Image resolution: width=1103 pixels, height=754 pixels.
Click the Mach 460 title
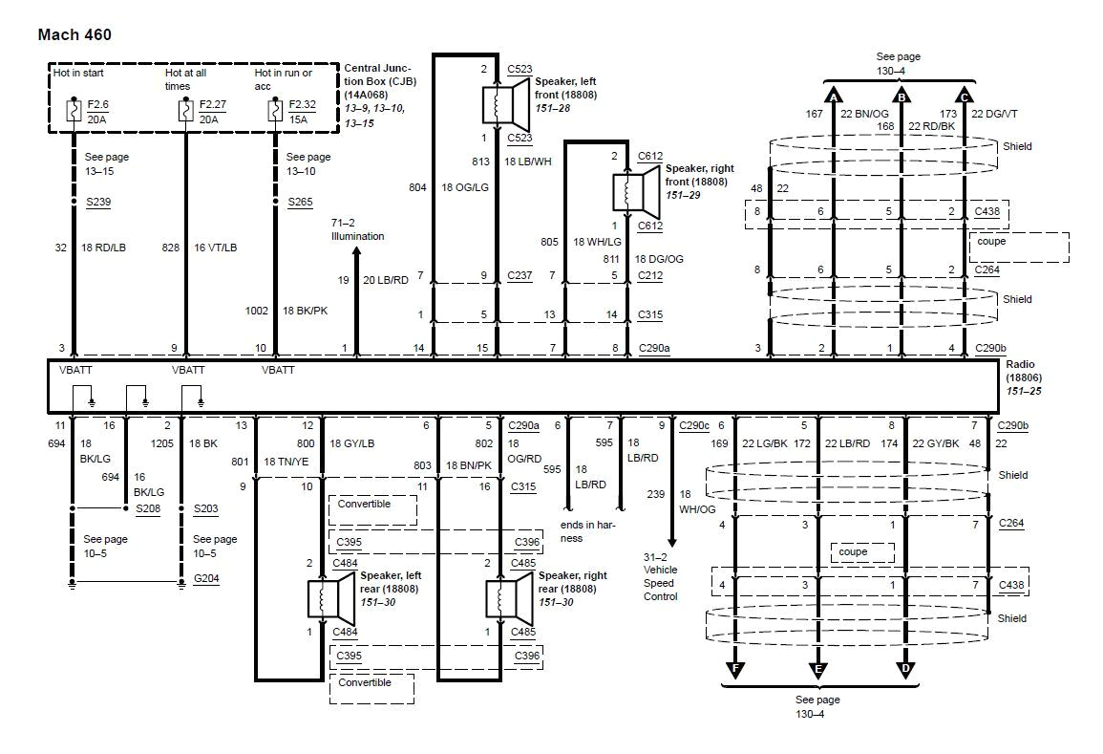(74, 35)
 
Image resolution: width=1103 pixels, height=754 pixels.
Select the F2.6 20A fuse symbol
(73, 111)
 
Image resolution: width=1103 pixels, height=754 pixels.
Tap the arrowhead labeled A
(834, 97)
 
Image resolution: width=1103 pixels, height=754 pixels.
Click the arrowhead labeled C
(965, 97)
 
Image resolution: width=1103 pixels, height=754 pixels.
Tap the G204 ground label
(205, 578)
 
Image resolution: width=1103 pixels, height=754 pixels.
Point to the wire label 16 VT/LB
(218, 248)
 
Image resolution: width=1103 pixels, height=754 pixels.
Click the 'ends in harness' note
(583, 531)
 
